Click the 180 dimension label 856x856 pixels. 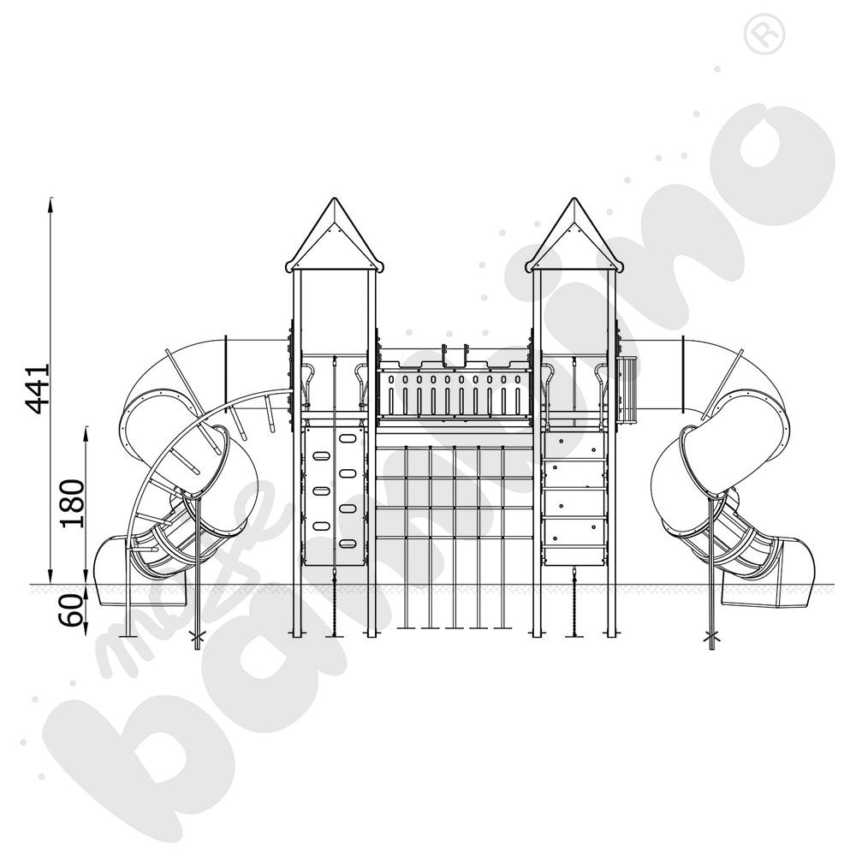click(x=73, y=503)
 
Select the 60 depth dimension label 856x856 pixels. click(x=73, y=610)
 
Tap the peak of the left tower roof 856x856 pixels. click(x=334, y=199)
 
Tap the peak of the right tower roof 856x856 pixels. click(x=574, y=199)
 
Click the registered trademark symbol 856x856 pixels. click(x=764, y=34)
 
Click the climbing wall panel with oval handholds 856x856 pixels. click(x=334, y=496)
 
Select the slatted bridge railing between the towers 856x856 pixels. click(x=455, y=392)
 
